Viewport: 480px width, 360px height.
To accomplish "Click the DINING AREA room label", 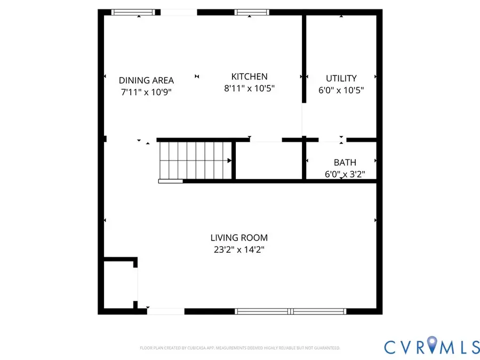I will pos(146,81).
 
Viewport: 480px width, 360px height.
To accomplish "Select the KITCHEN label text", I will pos(249,77).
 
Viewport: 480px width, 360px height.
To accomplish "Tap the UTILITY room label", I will pos(341,78).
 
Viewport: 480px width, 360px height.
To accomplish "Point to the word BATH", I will pos(345,163).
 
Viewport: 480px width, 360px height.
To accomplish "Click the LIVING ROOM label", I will pos(239,238).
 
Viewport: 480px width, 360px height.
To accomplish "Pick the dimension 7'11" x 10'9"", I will pos(146,92).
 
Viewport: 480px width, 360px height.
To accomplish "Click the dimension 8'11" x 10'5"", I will pos(249,89).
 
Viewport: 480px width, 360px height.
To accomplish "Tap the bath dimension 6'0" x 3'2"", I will pos(345,174).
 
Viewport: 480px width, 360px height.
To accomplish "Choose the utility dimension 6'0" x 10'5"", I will pos(341,91).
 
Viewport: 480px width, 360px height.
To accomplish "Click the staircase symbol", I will pos(195,161).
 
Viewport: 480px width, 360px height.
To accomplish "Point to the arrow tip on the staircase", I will pos(230,161).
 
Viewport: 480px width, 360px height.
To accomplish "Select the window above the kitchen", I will pos(252,12).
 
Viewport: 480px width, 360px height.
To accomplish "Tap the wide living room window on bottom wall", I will pos(291,310).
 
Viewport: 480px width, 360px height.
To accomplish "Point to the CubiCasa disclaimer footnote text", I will pos(239,348).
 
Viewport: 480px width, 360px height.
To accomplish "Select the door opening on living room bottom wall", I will pos(166,310).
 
